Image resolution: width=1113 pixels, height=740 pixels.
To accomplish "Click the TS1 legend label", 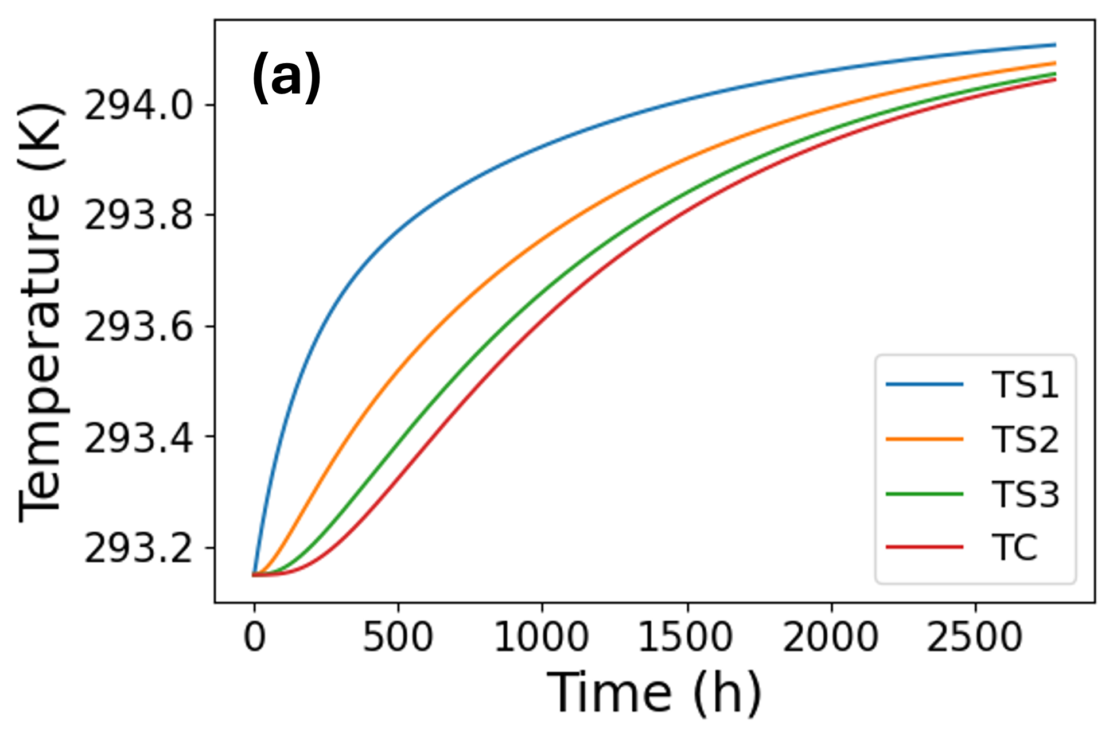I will click(1025, 384).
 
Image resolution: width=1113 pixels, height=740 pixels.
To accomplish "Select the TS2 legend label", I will click(1025, 439).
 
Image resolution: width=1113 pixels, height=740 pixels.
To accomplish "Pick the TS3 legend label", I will click(1025, 494).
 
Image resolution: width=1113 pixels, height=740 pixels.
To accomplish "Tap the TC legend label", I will click(1014, 547).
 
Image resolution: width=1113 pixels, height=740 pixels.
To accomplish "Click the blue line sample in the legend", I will click(924, 384).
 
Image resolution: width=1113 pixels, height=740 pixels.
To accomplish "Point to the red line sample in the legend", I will click(924, 547).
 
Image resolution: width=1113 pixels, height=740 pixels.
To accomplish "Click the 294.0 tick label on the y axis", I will click(138, 106).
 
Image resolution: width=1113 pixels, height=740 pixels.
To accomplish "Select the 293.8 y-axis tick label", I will click(138, 216).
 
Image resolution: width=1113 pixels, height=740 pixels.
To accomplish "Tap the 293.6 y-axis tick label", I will click(138, 328).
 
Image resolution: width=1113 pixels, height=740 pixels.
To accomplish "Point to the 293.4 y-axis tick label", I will click(138, 438).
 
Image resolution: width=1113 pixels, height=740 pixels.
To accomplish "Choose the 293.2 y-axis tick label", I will click(138, 549).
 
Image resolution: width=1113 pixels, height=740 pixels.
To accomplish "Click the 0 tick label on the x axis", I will click(254, 637).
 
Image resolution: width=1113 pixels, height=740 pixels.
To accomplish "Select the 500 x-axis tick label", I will click(398, 637).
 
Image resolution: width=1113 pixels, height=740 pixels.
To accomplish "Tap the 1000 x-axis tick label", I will click(541, 637).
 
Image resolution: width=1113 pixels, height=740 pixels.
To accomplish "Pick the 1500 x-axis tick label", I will click(686, 637).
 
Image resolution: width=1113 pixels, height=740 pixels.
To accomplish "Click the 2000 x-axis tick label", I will click(830, 637).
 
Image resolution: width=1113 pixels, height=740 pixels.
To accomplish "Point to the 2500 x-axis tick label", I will click(974, 637).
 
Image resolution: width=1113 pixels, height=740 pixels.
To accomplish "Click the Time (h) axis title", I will click(654, 693).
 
